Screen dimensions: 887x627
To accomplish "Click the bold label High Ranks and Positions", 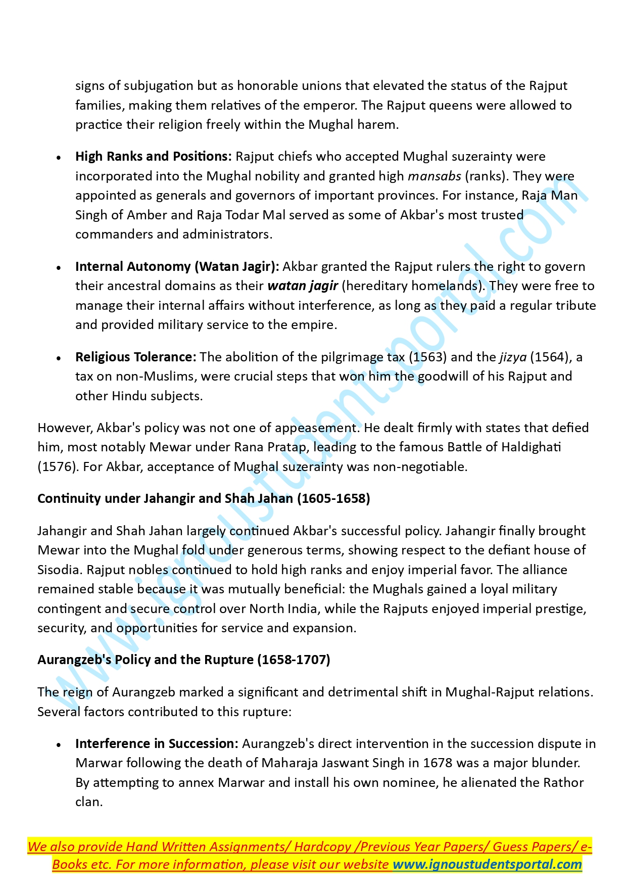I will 153,157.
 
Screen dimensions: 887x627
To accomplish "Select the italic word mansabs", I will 434,176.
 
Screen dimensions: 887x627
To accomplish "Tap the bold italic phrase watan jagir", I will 303,286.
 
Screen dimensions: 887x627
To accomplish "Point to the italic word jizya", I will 513,357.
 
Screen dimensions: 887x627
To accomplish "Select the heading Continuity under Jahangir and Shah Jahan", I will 204,499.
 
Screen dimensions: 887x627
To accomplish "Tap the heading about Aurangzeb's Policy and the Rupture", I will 183,660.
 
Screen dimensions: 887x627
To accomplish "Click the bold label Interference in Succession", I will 157,744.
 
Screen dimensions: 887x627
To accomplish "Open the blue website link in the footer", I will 487,865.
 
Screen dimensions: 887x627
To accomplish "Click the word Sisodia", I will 59,570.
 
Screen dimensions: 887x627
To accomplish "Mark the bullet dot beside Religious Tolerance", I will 59,358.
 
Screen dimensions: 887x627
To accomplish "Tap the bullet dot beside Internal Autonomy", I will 59,268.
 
